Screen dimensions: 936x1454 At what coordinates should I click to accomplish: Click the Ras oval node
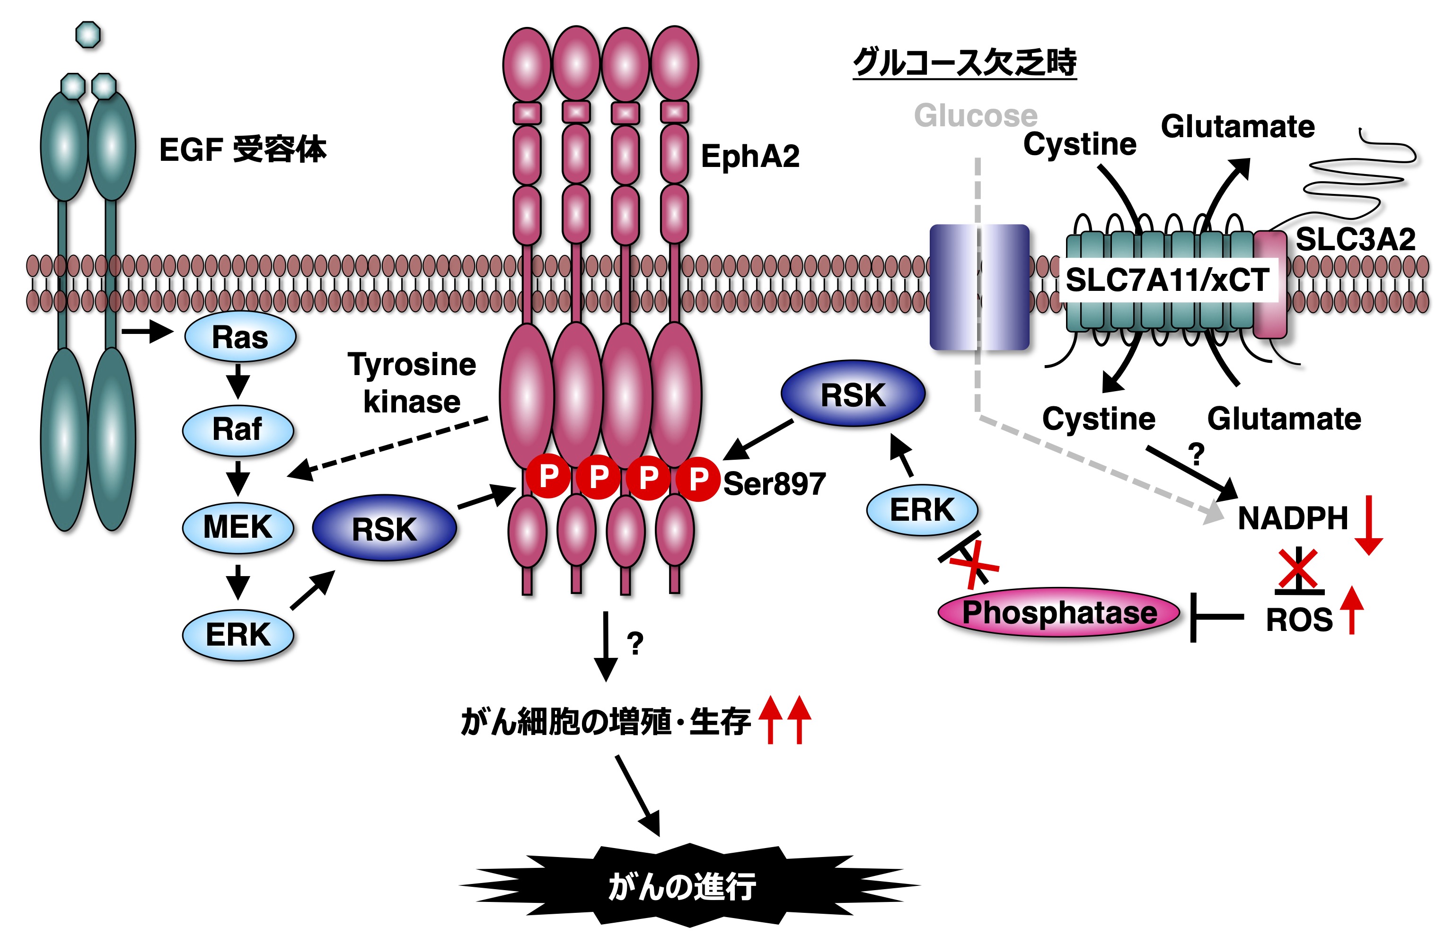click(x=240, y=337)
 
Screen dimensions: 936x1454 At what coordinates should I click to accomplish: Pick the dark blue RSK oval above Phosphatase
click(x=852, y=394)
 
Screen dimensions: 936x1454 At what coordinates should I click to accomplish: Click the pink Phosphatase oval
click(x=1059, y=612)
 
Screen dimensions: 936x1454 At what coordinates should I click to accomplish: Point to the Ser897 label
click(x=775, y=484)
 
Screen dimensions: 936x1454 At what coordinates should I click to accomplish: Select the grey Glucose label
click(x=975, y=115)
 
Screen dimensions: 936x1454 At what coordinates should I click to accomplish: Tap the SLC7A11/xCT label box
click(x=1167, y=280)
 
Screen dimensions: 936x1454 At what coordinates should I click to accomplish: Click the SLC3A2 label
click(x=1355, y=239)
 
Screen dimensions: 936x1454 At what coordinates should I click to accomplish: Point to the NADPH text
click(x=1292, y=518)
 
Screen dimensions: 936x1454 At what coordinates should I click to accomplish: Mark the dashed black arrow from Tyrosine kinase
click(x=389, y=447)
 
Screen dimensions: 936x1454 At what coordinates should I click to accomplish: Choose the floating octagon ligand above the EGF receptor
click(x=88, y=35)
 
